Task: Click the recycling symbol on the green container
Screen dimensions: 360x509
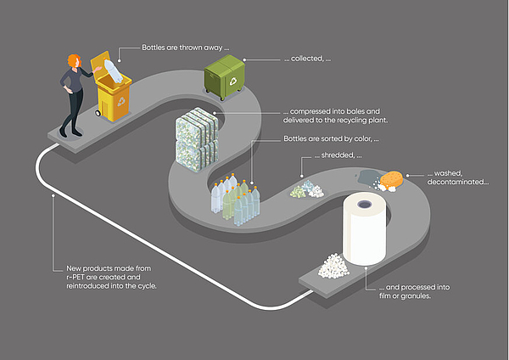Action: [233, 83]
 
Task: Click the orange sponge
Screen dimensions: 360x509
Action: [392, 180]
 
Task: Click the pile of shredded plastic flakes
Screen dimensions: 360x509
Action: [306, 188]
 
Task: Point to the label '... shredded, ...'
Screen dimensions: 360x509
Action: [339, 155]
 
